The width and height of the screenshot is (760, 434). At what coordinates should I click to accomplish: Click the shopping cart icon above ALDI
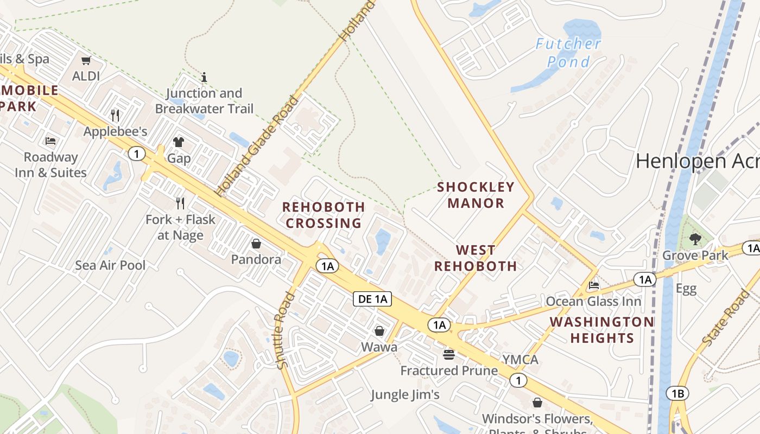click(x=86, y=60)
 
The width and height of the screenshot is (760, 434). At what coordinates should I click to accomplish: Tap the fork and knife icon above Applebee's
click(x=115, y=116)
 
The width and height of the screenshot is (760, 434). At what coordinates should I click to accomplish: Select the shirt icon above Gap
click(x=179, y=142)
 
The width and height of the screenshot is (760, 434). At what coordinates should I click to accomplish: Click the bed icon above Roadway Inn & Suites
click(x=50, y=141)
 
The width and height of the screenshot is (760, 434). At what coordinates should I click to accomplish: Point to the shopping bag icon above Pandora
click(x=256, y=244)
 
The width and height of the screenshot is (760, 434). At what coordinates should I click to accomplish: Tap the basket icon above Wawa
click(x=379, y=330)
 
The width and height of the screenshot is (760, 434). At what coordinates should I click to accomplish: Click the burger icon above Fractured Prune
click(x=449, y=354)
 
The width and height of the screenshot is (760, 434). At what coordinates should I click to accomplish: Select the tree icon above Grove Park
click(x=695, y=239)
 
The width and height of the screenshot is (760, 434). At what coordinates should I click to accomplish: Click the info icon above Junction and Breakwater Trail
click(x=204, y=77)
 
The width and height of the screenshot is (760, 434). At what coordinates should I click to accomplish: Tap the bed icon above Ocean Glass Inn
click(x=594, y=285)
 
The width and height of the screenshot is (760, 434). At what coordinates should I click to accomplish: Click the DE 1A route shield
click(x=372, y=298)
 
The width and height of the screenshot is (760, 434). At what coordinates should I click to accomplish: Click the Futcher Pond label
click(x=568, y=53)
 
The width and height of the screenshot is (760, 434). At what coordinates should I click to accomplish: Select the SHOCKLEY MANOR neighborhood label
click(x=476, y=195)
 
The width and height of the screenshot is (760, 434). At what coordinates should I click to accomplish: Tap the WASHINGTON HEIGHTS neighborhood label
click(x=601, y=330)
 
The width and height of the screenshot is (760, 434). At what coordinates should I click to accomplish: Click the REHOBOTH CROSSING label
click(x=324, y=215)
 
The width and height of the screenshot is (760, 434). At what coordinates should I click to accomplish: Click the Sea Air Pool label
click(x=110, y=265)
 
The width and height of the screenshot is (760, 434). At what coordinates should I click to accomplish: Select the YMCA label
click(x=520, y=360)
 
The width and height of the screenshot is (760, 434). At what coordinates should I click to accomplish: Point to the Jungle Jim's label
click(x=405, y=394)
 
